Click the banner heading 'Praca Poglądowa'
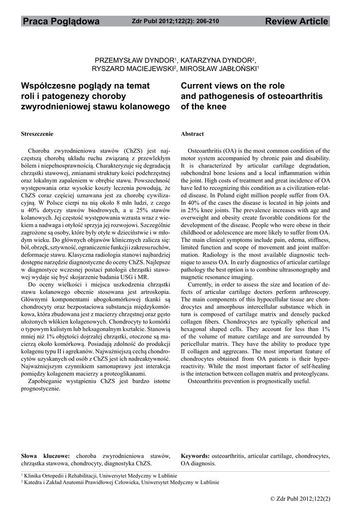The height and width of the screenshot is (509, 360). (61, 21)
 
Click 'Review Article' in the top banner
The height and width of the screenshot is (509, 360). (296, 21)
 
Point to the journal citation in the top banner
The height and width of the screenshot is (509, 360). (175, 21)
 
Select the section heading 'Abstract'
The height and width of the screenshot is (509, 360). (192, 134)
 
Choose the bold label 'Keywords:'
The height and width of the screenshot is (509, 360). (195, 456)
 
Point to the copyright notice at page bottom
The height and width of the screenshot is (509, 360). (300, 498)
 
